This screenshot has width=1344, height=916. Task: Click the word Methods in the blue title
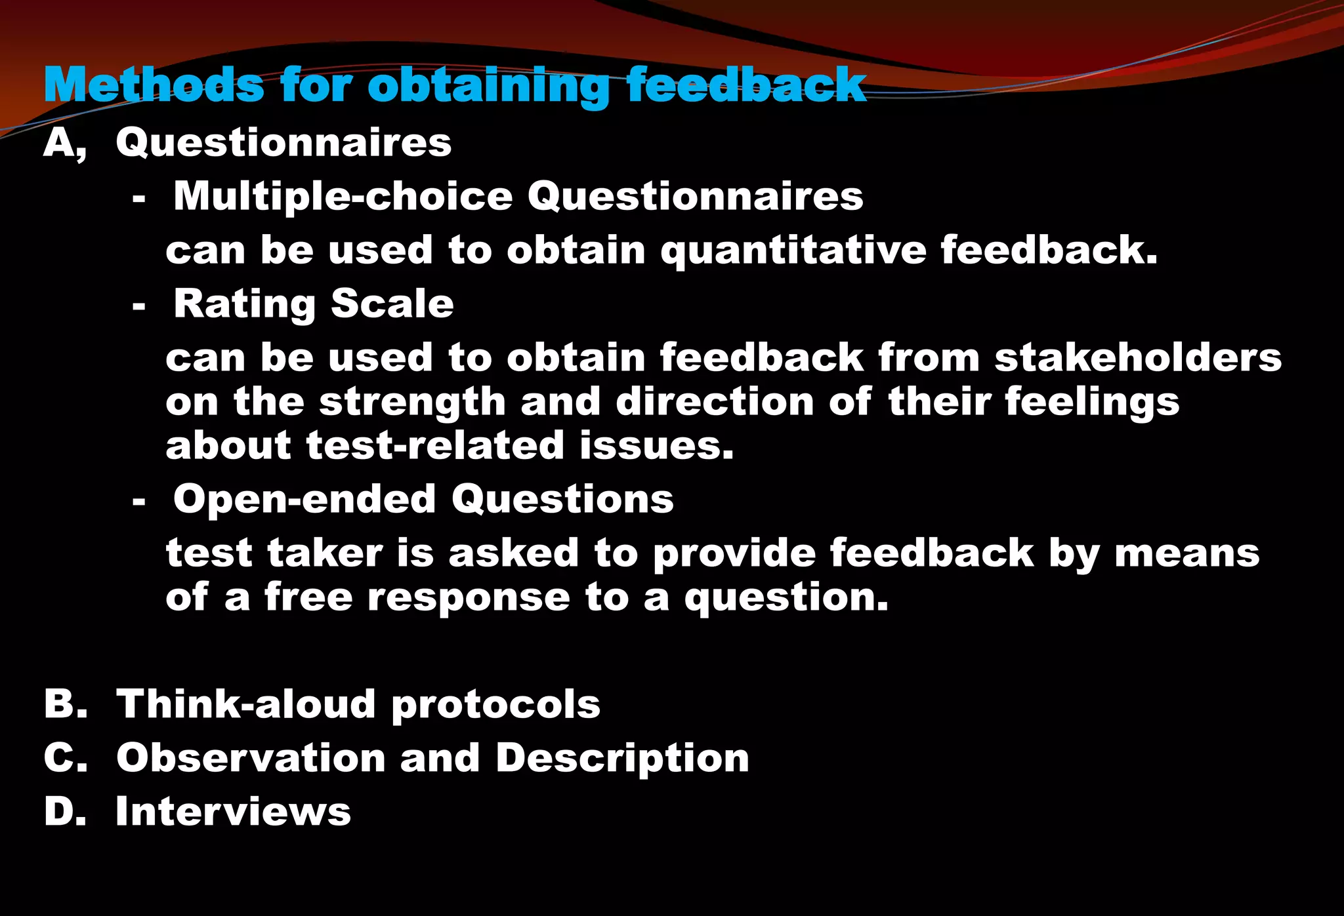154,85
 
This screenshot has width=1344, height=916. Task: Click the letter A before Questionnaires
60,142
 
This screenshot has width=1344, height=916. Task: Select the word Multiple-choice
343,197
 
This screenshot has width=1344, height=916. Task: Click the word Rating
244,305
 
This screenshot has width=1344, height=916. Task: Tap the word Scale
392,304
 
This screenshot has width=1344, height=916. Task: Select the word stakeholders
1137,358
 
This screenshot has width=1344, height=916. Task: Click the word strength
412,403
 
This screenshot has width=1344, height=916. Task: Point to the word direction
715,401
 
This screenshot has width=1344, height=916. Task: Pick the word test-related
435,446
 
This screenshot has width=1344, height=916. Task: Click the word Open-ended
304,500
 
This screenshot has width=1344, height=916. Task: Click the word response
469,598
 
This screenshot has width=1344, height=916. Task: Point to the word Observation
251,758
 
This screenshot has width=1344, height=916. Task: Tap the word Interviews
233,812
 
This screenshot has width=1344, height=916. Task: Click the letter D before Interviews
64,812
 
